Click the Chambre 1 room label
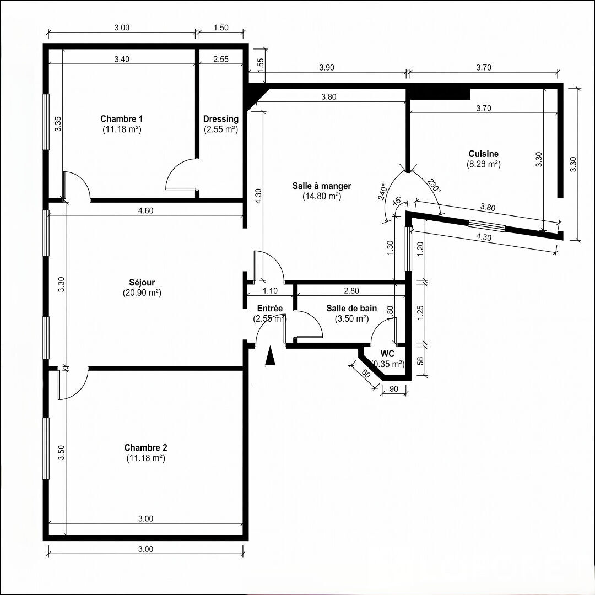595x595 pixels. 121,118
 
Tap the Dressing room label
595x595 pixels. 221,119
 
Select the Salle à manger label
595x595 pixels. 321,186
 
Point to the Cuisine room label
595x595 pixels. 484,154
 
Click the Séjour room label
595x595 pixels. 142,282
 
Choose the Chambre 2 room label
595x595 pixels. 145,447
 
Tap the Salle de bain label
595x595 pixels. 351,308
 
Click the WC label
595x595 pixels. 387,354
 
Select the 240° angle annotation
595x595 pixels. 382,192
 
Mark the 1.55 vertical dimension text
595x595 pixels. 260,65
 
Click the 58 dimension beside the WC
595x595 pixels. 420,360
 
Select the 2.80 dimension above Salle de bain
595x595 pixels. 351,291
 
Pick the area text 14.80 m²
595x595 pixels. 321,197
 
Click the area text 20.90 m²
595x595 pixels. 142,293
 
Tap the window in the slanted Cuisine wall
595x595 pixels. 487,225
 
